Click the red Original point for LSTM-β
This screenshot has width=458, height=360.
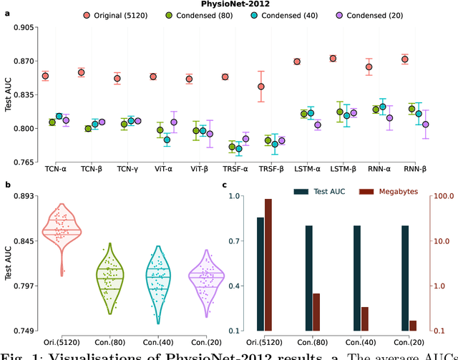click(333, 59)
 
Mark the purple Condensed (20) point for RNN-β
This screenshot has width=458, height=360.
click(425, 124)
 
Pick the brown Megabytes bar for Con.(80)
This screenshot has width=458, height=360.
click(316, 312)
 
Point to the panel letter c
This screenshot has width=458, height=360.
click(225, 185)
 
